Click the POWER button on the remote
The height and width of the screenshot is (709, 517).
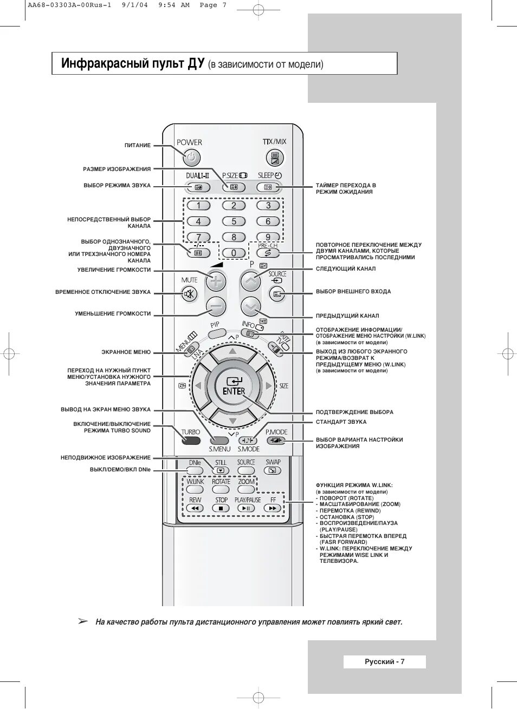pyautogui.click(x=191, y=158)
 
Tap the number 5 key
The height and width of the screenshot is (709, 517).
pyautogui.click(x=234, y=221)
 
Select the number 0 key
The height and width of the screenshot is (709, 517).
pyautogui.click(x=234, y=253)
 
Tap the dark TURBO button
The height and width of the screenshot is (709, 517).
pyautogui.click(x=191, y=441)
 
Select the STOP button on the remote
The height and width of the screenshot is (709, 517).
pyautogui.click(x=221, y=508)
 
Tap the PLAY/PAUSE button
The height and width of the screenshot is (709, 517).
pyautogui.click(x=247, y=508)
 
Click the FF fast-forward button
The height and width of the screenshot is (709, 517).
pyautogui.click(x=273, y=508)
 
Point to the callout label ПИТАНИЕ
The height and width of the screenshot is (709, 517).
pyautogui.click(x=138, y=146)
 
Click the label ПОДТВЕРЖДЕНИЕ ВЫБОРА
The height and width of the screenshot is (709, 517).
pyautogui.click(x=354, y=412)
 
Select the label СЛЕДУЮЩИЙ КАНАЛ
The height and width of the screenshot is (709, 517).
pyautogui.click(x=346, y=269)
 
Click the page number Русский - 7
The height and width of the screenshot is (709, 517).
pyautogui.click(x=385, y=661)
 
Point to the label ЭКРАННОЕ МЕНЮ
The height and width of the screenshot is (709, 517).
pyautogui.click(x=126, y=352)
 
